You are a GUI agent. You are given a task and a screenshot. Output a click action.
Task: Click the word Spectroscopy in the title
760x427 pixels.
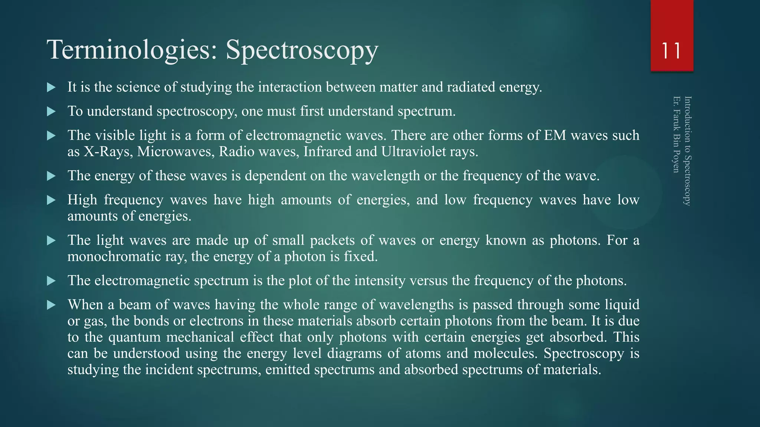302,50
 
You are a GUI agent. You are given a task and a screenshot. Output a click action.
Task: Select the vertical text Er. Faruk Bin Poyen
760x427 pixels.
676,135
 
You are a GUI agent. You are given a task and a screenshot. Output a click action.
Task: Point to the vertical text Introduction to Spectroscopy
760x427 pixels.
687,151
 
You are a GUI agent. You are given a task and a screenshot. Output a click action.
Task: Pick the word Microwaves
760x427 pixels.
176,152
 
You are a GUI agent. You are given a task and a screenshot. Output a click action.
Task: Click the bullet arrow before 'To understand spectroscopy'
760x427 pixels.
51,112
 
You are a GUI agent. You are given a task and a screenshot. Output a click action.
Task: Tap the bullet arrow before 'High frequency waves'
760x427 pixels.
51,200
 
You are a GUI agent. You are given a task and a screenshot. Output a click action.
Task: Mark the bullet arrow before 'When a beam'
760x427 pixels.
51,305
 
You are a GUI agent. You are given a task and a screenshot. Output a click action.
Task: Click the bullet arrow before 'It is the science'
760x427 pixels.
51,87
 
